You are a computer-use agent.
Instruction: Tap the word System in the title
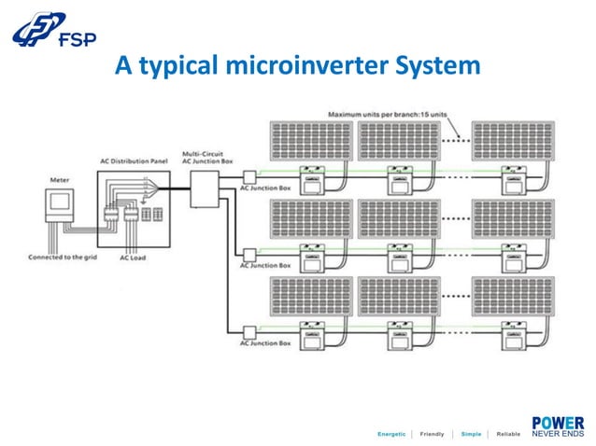pos(435,66)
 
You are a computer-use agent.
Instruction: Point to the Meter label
pos(58,179)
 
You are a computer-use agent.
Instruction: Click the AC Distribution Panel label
pos(135,160)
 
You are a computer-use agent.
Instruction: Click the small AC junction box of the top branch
pos(248,176)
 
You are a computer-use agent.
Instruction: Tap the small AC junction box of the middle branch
pos(248,254)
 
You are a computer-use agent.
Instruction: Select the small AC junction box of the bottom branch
pos(248,331)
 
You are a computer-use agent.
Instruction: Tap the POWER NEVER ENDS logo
pos(557,425)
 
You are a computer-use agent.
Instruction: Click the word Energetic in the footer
pos(390,434)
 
